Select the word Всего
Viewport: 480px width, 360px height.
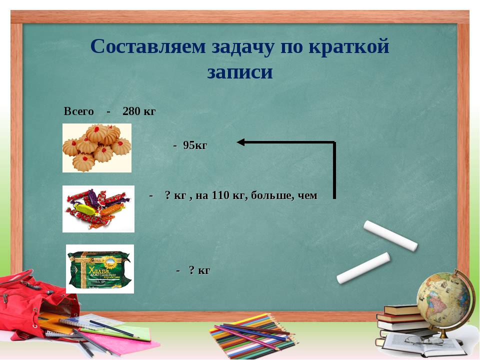pos(78,111)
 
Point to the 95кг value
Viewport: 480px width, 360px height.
pos(194,145)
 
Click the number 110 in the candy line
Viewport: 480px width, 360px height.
pos(220,195)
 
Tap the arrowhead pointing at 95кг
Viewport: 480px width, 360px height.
pos(241,142)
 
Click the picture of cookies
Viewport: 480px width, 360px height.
pos(96,147)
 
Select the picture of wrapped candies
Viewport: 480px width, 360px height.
pos(98,208)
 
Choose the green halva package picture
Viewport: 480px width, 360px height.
pos(99,268)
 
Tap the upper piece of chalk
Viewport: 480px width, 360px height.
pos(390,235)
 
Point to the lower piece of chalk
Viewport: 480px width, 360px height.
pos(363,268)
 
